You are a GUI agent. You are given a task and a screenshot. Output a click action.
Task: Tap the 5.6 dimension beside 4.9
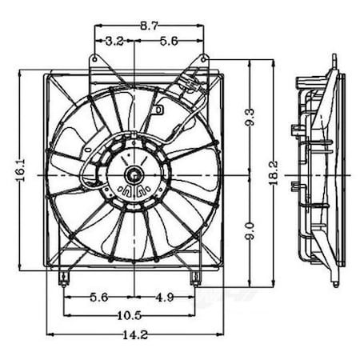[98, 297]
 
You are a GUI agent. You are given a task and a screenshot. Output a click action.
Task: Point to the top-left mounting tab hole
[95, 58]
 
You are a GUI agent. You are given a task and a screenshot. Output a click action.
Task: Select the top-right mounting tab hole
[204, 58]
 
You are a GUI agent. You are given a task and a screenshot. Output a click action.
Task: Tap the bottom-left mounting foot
[64, 280]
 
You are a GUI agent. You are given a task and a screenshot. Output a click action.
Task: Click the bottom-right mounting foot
[194, 279]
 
